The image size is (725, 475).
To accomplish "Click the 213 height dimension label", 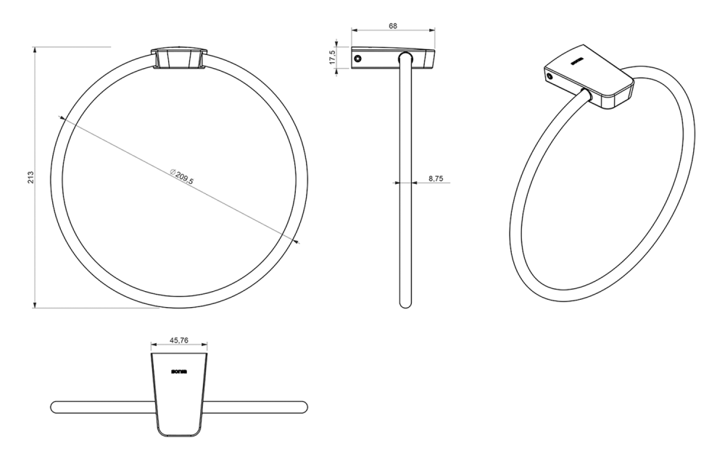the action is pyautogui.click(x=30, y=177).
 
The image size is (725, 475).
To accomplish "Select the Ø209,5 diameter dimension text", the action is pyautogui.click(x=181, y=177).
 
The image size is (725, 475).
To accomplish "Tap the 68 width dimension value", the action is pyautogui.click(x=393, y=26).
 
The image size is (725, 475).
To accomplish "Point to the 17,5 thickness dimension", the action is pyautogui.click(x=332, y=58).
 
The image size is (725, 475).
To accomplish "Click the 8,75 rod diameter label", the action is pyautogui.click(x=436, y=177).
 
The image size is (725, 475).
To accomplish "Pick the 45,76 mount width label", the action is pyautogui.click(x=179, y=340).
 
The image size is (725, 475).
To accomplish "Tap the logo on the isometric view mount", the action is pyautogui.click(x=578, y=61).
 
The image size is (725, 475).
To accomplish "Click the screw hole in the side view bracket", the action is pyautogui.click(x=357, y=59).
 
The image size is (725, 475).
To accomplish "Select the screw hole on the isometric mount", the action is pyautogui.click(x=550, y=76).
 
